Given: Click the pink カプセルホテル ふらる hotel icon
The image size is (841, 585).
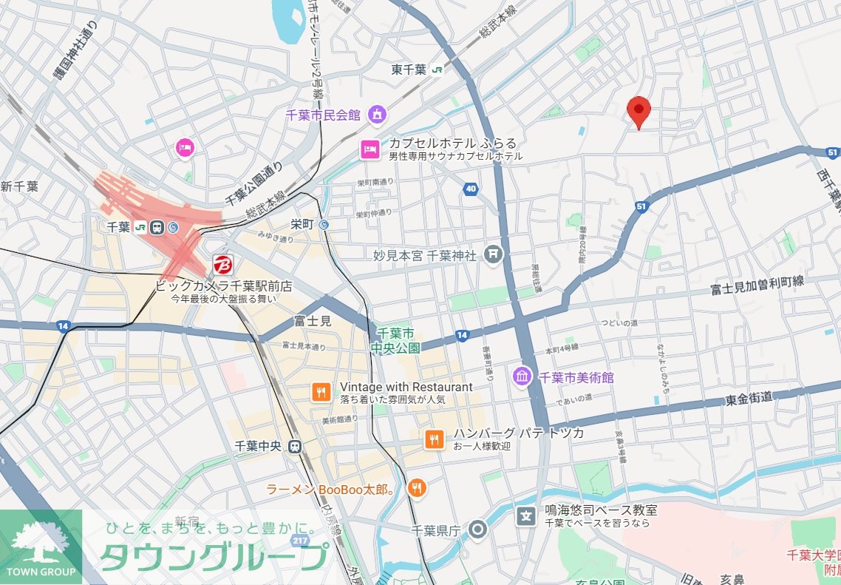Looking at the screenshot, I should pos(370,149).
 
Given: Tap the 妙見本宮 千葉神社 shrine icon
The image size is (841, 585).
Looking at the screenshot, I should pos(493,255).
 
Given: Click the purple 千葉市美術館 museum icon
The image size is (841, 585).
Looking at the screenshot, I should pos(522,376).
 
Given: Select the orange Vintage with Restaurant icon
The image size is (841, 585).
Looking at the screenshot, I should pos(321,392).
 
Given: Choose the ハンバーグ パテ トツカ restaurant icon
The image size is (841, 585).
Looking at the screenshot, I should pos(435,439).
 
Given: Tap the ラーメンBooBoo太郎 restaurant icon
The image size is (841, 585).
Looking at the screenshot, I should pos(418,487).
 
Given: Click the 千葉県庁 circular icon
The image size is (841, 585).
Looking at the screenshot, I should pos(478,530).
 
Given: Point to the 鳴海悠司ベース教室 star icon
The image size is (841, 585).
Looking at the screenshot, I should pos(525,515).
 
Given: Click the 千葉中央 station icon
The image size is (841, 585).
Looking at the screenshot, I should pos(295,446).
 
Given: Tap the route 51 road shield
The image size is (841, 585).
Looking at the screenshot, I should pos(641,207).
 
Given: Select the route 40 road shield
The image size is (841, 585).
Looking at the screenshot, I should pos(471,189).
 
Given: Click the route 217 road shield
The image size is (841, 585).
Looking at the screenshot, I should pos(300,541).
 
